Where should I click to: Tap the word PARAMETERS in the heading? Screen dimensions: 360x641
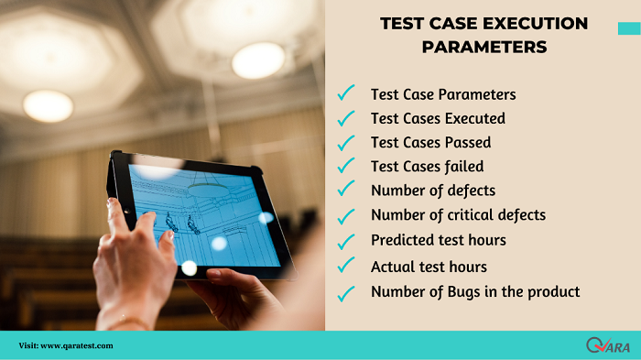tap(483, 47)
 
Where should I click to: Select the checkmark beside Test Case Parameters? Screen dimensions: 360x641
tap(346, 94)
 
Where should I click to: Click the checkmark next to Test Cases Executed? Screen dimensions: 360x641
tap(346, 118)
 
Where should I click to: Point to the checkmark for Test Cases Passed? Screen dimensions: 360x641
tap(346, 143)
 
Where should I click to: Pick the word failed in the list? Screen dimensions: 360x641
tap(464, 167)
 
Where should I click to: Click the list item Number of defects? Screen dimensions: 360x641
tap(432, 191)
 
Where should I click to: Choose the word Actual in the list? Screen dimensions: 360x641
tap(392, 267)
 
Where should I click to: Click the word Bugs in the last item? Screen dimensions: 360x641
tap(464, 292)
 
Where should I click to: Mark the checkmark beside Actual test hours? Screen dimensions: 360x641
tap(346, 267)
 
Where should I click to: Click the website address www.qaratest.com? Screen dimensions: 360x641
tap(77, 345)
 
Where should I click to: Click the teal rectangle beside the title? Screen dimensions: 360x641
tap(629, 29)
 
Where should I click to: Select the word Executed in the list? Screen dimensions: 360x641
tap(474, 118)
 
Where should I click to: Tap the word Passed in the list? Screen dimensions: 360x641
tap(468, 143)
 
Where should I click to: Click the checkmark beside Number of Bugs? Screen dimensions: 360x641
tap(346, 293)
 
